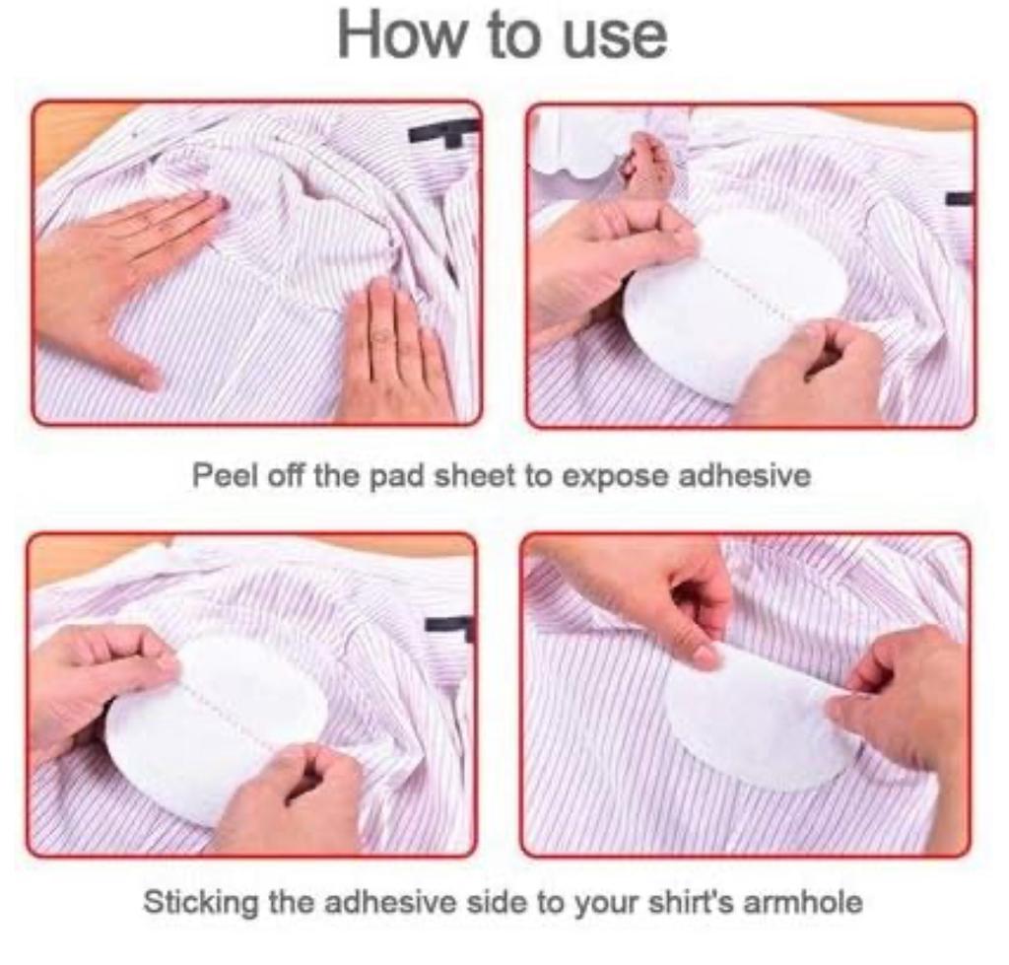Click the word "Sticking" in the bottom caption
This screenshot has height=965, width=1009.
[199, 902]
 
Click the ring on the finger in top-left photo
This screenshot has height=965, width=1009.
[382, 334]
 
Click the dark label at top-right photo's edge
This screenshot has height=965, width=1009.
[959, 198]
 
